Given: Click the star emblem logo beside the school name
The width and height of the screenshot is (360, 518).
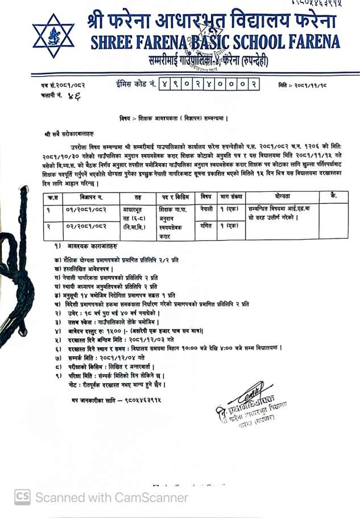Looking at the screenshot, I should [x=53, y=35].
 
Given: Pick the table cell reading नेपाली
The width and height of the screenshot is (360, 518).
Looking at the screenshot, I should [x=206, y=209].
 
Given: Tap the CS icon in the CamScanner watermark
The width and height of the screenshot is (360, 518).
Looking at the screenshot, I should [x=23, y=497].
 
